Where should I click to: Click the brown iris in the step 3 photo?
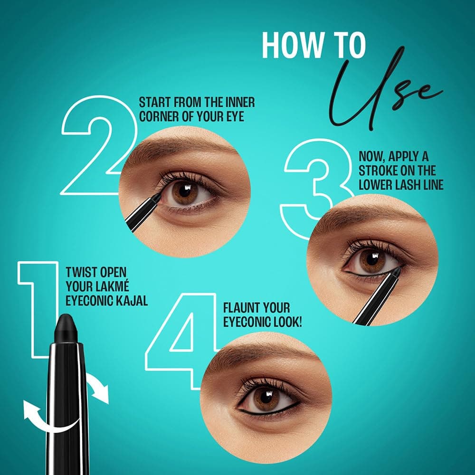coord(372,260)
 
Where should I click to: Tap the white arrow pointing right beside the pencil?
coord(99,387)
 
